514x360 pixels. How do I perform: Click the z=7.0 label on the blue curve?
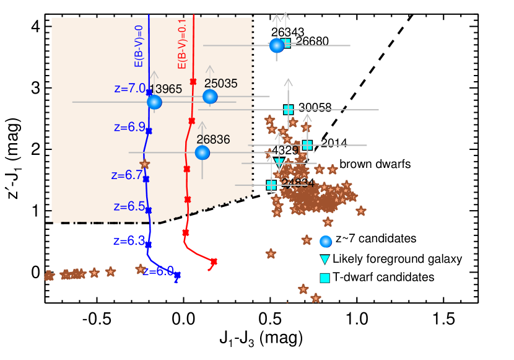129,89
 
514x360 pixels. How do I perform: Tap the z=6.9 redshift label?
129,127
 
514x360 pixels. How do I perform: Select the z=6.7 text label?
127,175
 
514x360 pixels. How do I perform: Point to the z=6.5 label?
129,206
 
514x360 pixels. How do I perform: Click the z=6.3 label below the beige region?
129,241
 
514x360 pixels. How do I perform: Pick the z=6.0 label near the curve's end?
158,271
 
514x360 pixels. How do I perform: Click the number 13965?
166,89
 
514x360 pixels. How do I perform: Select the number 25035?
221,84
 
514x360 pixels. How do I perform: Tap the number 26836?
213,140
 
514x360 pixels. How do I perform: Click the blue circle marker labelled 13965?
154,102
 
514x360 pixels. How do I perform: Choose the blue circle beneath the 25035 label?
210,97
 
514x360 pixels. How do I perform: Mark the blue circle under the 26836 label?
203,152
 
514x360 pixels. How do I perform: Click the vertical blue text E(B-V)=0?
139,46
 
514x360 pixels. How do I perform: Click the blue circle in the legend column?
325,242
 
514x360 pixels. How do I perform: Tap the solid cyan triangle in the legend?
325,260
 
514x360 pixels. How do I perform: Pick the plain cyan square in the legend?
325,278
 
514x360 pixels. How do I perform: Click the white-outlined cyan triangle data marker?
279,162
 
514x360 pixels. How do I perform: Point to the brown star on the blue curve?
145,164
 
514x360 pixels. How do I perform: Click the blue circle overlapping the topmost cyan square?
277,45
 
